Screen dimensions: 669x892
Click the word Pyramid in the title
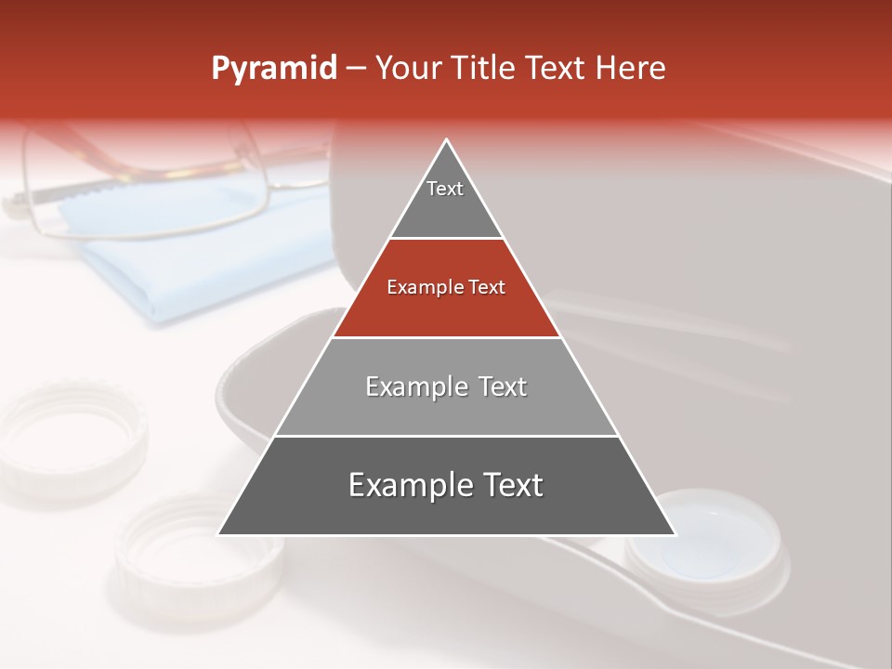click(273, 69)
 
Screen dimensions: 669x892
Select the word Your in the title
click(407, 69)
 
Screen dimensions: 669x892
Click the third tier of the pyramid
click(446, 400)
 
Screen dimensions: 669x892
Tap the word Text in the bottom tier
click(509, 485)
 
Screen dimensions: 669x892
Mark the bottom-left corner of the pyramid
click(219, 534)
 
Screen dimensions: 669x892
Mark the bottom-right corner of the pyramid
click(675, 534)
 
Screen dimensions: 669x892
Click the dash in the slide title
click(354, 69)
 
